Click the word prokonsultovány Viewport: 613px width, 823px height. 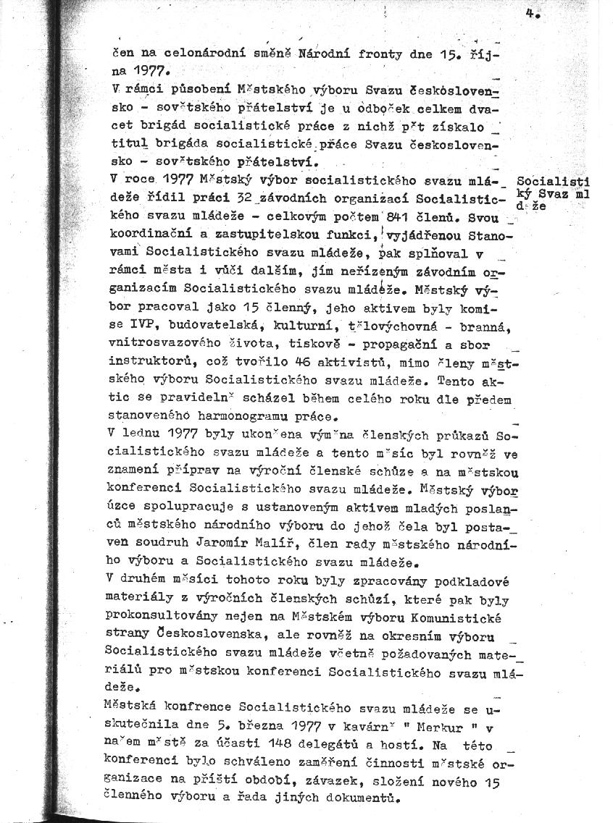click(x=155, y=617)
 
